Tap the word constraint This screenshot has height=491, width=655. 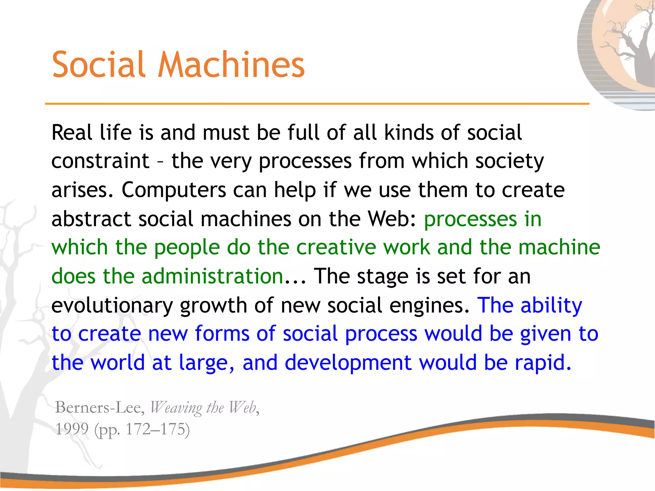point(100,161)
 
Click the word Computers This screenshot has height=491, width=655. point(174,190)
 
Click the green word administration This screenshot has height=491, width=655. point(212,276)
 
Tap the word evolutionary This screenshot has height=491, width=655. point(112,305)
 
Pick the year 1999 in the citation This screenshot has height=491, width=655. point(72,429)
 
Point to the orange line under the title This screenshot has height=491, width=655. point(317,104)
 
